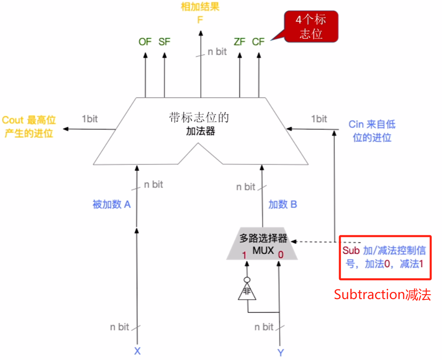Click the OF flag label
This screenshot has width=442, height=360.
pos(145,42)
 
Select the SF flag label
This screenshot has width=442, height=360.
pos(164,42)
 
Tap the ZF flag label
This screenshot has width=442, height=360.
pos(239,42)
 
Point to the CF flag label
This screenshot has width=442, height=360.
pos(258,42)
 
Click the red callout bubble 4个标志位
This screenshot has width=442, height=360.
pos(311,27)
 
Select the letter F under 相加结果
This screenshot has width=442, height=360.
pos(200,20)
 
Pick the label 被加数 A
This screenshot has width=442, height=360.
pos(112,205)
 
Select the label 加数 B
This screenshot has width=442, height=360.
pos(283,205)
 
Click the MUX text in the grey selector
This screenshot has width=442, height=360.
pos(263,250)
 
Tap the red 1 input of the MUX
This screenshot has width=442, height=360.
pos(244,255)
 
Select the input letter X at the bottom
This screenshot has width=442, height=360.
pos(137,352)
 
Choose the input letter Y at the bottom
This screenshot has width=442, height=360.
pos(281,352)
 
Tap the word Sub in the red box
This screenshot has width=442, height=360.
pos(351,251)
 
